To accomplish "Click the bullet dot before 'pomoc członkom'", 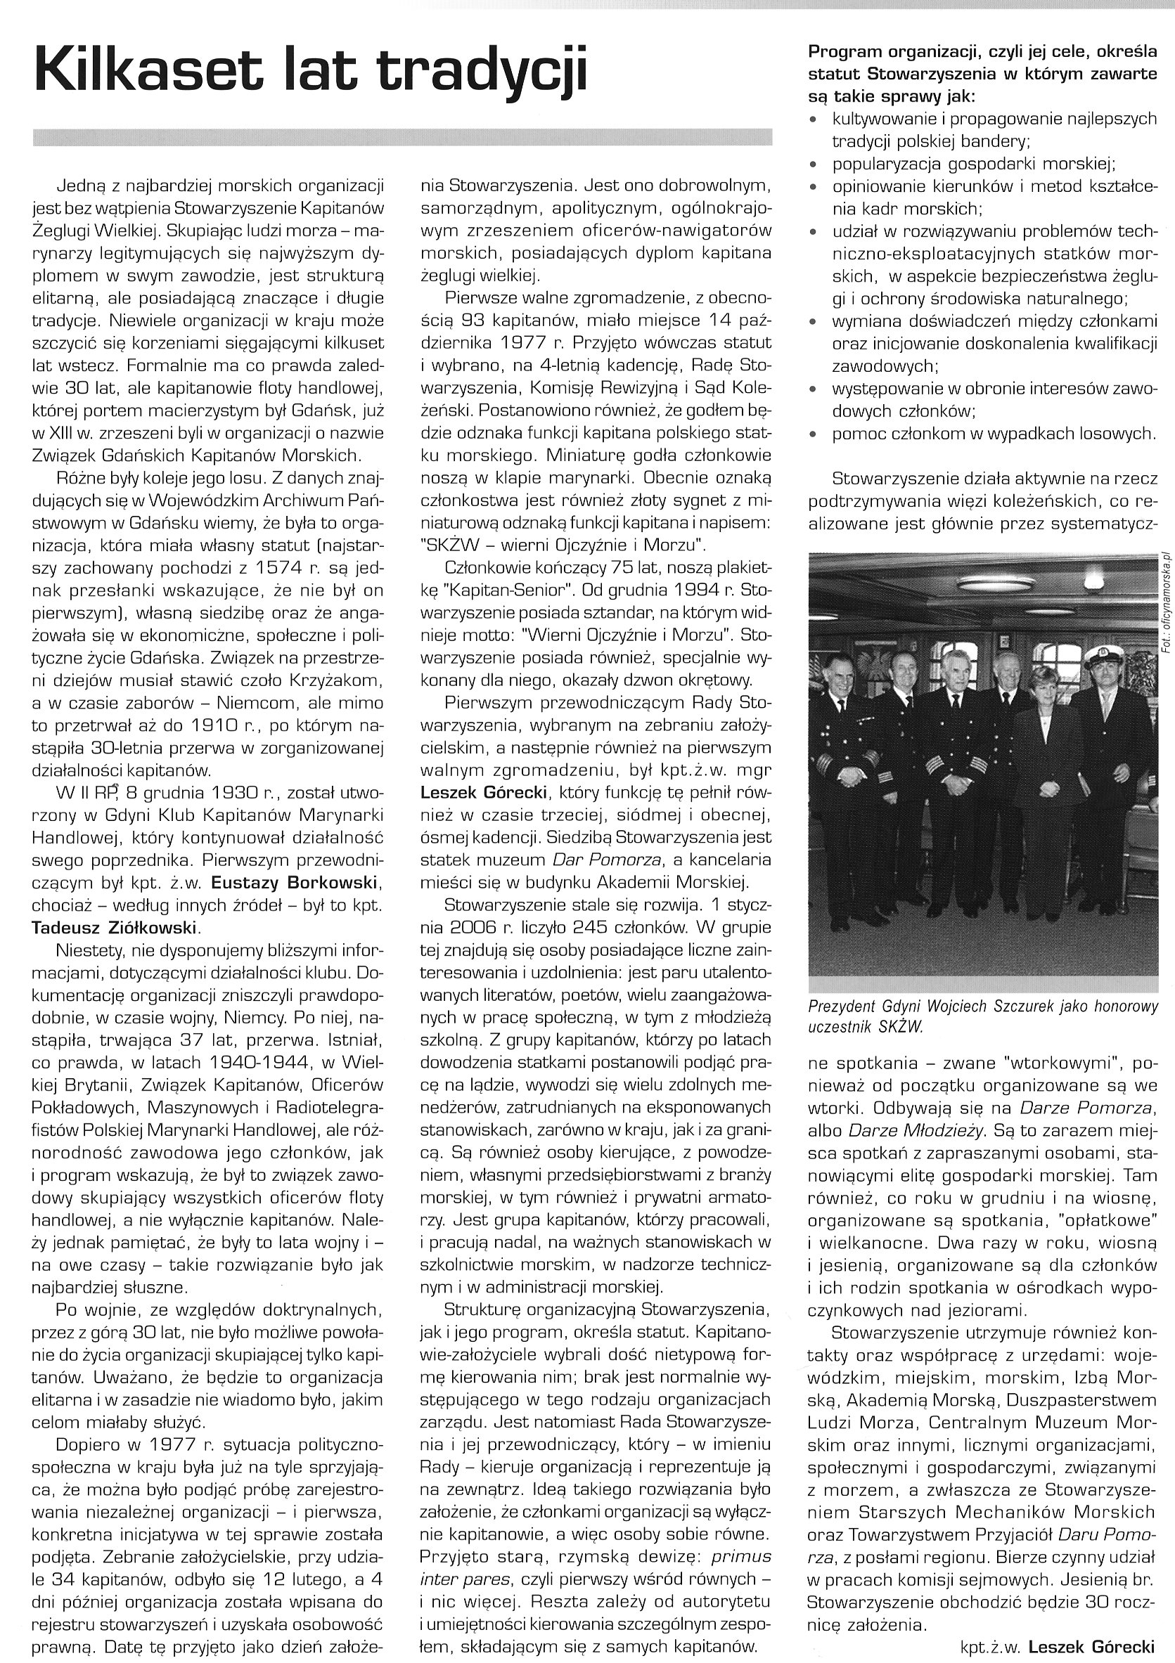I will tap(814, 435).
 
